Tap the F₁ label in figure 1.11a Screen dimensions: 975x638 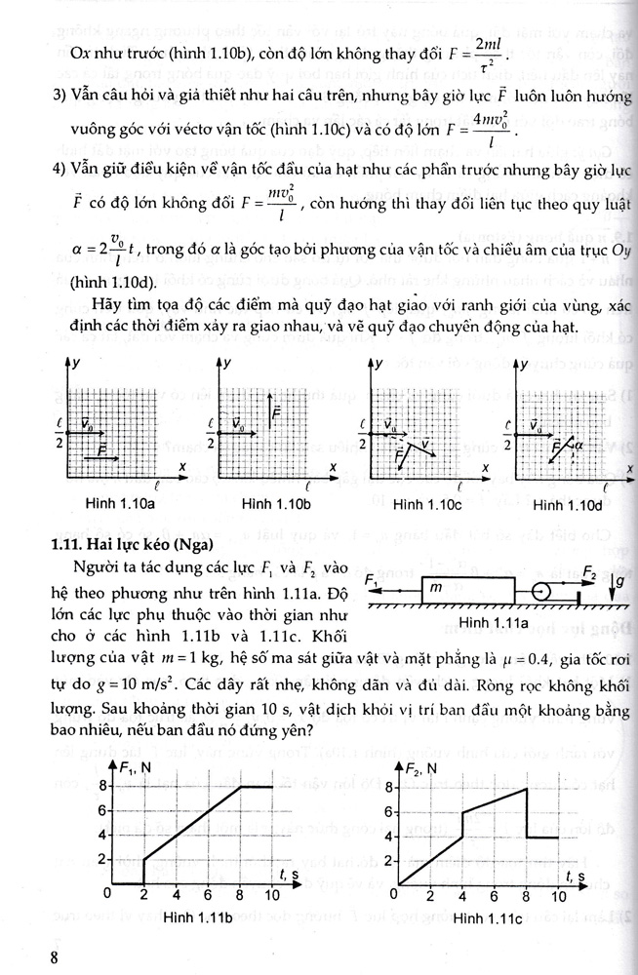[374, 579]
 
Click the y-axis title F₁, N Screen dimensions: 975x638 [138, 767]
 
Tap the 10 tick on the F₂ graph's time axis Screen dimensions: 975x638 [560, 896]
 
